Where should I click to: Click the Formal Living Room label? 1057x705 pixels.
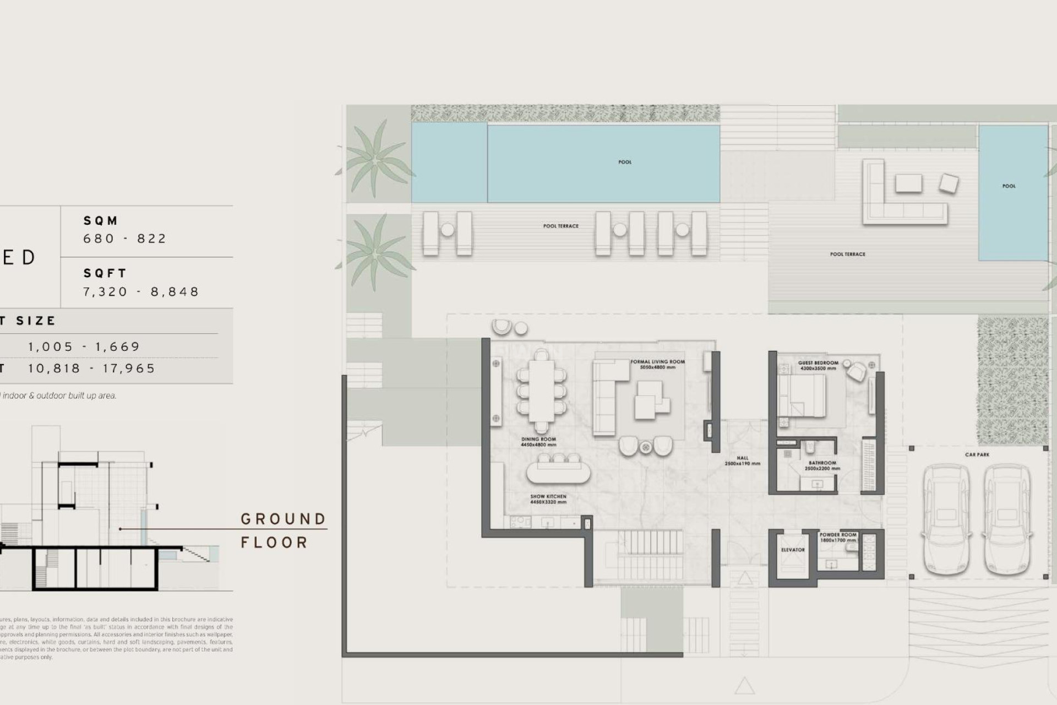pos(657,364)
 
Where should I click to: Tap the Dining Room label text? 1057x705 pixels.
pos(538,442)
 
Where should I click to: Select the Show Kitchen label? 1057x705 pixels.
pos(548,499)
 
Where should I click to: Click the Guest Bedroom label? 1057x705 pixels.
pos(818,365)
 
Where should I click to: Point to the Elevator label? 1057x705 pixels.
pos(793,550)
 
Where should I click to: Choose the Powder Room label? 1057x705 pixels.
pos(838,537)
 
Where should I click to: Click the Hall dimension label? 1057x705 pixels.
pos(742,460)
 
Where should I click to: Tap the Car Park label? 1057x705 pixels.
pos(977,454)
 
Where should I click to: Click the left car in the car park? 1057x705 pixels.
pos(946,520)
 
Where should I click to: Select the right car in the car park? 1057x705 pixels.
pos(1007,520)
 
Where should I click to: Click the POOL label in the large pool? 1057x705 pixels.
pos(625,162)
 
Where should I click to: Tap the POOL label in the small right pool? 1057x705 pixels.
pos(1009,186)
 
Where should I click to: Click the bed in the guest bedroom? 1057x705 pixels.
pos(803,395)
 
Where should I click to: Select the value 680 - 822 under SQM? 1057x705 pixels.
pos(124,238)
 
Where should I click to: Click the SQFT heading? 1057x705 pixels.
pos(105,273)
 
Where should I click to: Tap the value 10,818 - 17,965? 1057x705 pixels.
pos(92,368)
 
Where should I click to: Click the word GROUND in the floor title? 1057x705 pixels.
pos(283,519)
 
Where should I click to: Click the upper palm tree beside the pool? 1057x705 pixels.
pos(375,160)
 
